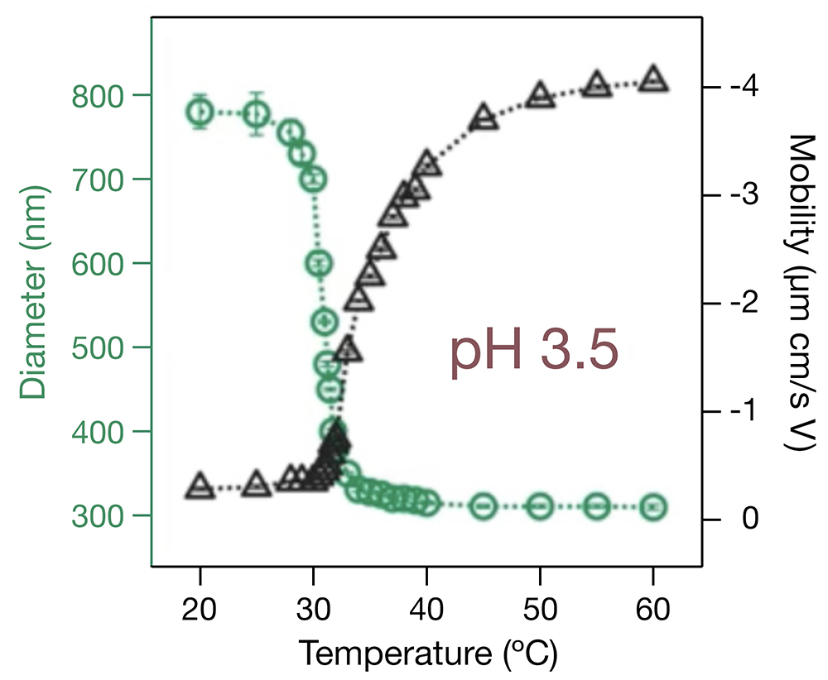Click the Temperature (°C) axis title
click(428, 654)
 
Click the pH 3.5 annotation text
click(534, 354)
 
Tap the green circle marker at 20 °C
click(200, 112)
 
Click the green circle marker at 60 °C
click(653, 506)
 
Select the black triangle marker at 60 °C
click(653, 79)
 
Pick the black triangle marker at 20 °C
click(200, 486)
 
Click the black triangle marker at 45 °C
click(484, 118)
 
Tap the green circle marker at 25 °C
click(258, 113)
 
